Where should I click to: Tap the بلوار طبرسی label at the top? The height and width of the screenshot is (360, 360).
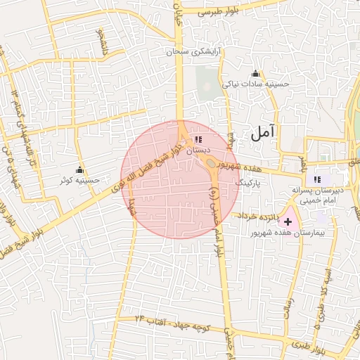(x=220, y=12)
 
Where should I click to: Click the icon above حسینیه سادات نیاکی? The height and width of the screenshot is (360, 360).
(x=255, y=74)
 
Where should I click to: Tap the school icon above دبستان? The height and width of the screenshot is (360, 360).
(x=198, y=139)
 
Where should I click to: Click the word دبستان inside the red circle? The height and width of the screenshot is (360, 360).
(x=198, y=150)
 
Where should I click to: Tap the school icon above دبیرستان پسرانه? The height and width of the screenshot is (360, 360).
(x=317, y=179)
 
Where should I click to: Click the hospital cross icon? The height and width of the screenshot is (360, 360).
(x=288, y=221)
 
